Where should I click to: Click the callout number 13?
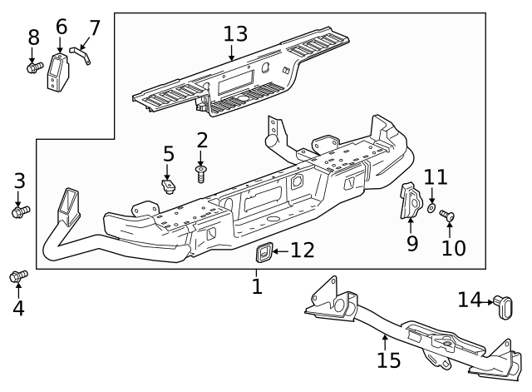point(235,34)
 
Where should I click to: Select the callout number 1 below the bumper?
point(257,287)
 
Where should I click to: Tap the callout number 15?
point(388,360)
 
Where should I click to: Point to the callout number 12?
point(303,250)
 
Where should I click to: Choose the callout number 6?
point(61,27)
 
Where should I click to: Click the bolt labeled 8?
point(32,67)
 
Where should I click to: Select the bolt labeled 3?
point(20,212)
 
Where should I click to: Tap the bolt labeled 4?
point(17,275)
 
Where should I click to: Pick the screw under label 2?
point(201,173)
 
